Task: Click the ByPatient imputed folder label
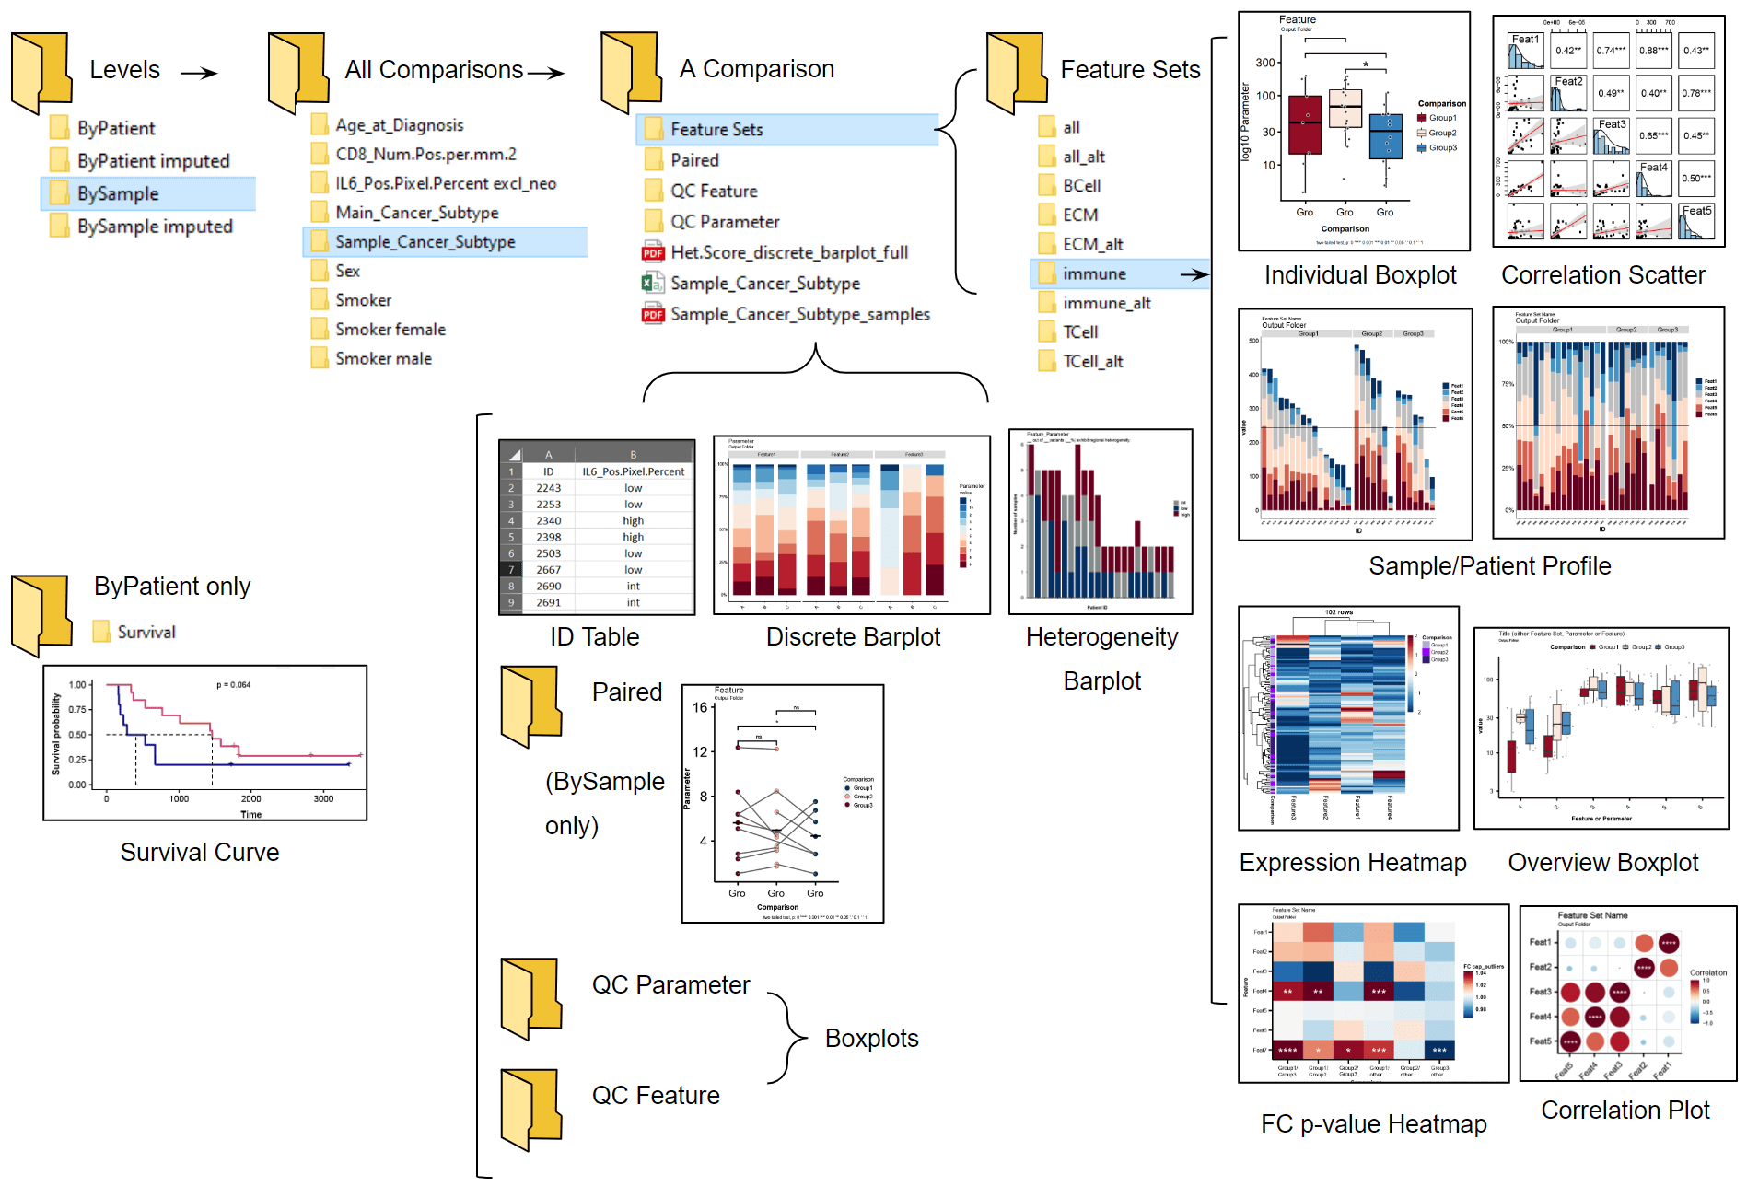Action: (x=153, y=161)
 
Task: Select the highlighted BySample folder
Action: (x=118, y=194)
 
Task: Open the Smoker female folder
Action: (x=390, y=330)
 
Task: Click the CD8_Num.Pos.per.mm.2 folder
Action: (x=425, y=155)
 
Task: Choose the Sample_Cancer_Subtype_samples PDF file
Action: (x=799, y=315)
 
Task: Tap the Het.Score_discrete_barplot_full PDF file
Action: (x=788, y=253)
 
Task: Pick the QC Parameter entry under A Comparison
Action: (x=724, y=222)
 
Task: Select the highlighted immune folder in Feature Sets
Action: (x=1094, y=274)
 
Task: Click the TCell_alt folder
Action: (x=1092, y=362)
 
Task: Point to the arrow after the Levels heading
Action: (x=199, y=73)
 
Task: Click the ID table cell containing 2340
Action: (x=548, y=521)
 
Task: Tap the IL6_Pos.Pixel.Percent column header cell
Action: (x=633, y=471)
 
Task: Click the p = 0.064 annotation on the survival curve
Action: (x=233, y=685)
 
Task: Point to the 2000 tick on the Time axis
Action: (x=250, y=798)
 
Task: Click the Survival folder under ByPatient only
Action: (x=146, y=633)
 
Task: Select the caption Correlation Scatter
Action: (x=1602, y=275)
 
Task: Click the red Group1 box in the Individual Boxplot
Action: (x=1305, y=125)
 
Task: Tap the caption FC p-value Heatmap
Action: (x=1373, y=1124)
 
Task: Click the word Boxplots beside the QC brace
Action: (x=871, y=1039)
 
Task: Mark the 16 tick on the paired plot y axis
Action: (x=701, y=708)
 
